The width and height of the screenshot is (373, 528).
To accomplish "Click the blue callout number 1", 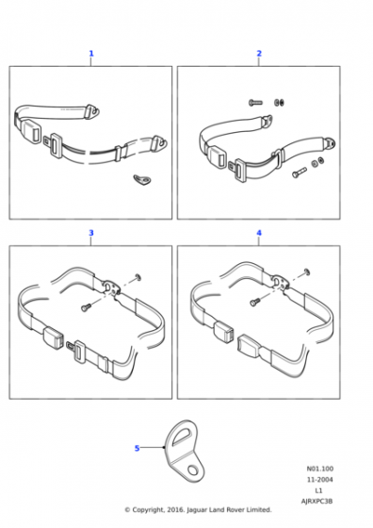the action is [x=91, y=53].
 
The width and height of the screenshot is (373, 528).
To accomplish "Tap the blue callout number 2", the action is [x=259, y=53].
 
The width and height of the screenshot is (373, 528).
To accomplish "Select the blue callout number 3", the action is [x=91, y=233].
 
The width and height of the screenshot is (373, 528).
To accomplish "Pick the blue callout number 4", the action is [x=259, y=233].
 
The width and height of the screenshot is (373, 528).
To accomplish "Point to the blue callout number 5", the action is [x=137, y=448].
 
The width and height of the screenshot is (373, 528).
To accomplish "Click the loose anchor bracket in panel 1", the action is [x=141, y=180].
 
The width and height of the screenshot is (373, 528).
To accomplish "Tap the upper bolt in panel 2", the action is [x=255, y=102].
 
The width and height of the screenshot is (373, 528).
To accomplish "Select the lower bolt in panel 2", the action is [x=299, y=173].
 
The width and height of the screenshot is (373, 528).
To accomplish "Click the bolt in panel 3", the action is [x=87, y=306].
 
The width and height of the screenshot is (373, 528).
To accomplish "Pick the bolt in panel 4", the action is [x=255, y=302].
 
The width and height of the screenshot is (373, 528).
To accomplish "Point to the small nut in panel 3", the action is [x=138, y=277].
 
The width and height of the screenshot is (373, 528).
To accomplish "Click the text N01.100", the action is [x=319, y=469].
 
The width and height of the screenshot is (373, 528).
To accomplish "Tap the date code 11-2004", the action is [x=319, y=480].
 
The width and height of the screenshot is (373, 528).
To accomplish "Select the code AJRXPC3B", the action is [x=316, y=501].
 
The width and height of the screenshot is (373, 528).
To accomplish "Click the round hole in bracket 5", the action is [x=193, y=470].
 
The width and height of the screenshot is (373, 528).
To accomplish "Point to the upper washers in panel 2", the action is [x=279, y=102].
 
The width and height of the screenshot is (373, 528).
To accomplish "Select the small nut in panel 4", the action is [x=306, y=272].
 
